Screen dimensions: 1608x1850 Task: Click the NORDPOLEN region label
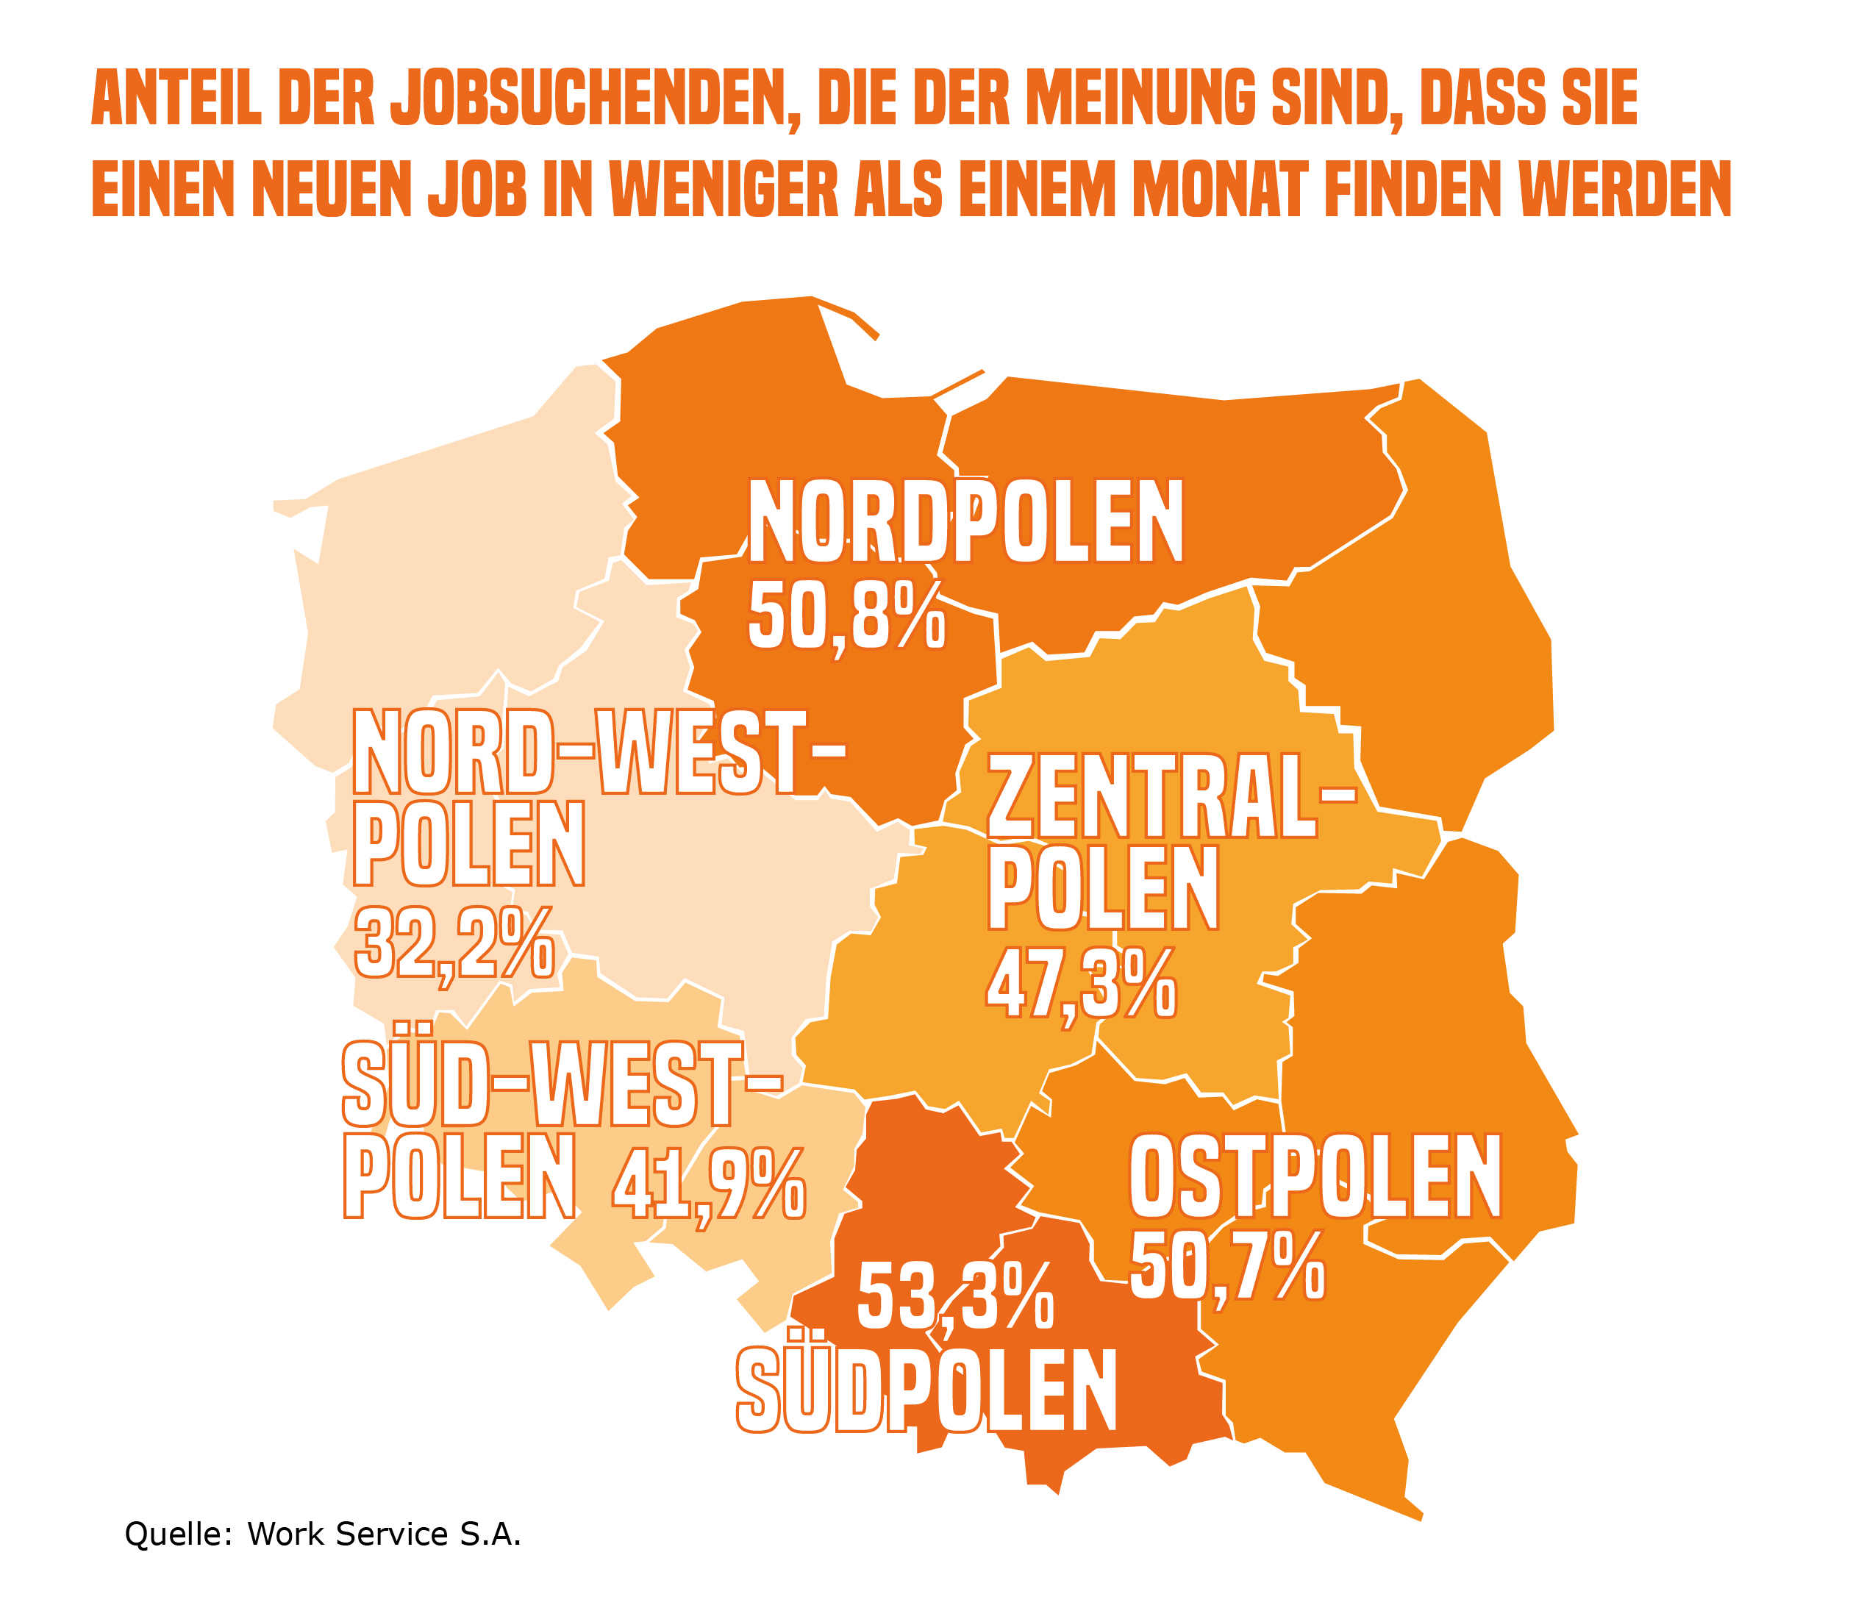point(965,521)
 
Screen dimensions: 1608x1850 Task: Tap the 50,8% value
point(846,615)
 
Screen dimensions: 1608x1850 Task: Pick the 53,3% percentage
point(954,1297)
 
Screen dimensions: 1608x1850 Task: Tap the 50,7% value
point(1226,1267)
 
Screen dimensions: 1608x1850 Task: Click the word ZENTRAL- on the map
point(1170,798)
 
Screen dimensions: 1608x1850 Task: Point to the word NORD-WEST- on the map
point(598,752)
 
